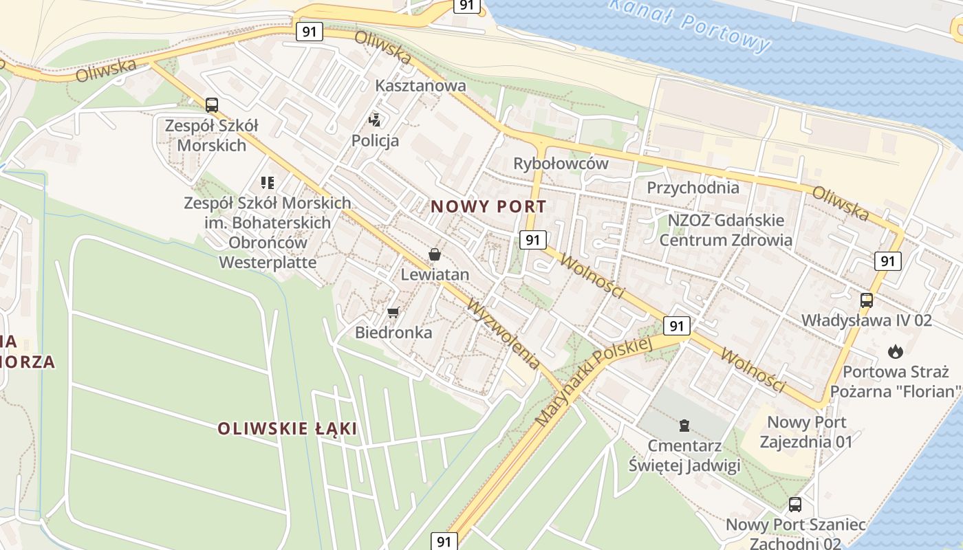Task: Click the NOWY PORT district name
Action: click(488, 206)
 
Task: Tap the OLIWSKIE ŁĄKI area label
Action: click(288, 428)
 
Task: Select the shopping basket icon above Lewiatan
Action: click(435, 255)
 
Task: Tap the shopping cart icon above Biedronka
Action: click(393, 313)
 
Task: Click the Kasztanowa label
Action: click(420, 86)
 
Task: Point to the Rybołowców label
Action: click(561, 164)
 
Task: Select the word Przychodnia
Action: click(693, 188)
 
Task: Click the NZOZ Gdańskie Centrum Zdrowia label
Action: click(726, 230)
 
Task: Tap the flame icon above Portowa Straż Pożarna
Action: click(895, 352)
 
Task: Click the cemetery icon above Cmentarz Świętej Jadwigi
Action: click(684, 426)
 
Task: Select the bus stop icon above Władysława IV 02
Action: click(867, 300)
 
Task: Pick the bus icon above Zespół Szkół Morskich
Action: click(212, 105)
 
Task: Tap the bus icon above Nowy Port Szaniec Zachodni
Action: click(795, 505)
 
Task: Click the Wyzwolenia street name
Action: click(503, 333)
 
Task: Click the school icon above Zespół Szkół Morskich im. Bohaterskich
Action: click(268, 183)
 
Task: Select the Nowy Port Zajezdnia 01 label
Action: click(806, 431)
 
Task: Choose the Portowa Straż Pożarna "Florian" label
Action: click(895, 382)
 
